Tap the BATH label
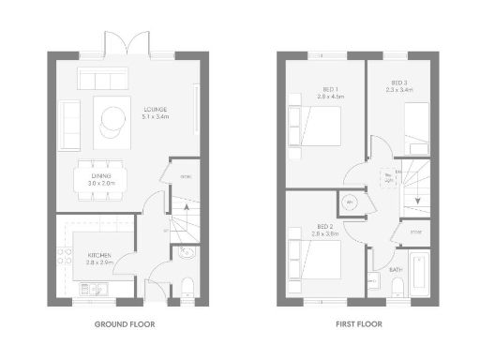tap(397, 270)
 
